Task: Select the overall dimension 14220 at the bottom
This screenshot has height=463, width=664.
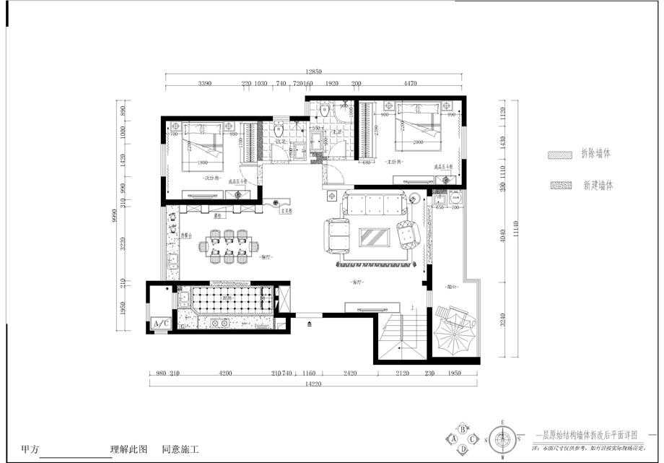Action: (x=313, y=384)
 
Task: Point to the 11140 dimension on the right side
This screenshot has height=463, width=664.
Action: (x=513, y=230)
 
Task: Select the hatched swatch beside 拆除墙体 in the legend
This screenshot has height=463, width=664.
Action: (x=557, y=155)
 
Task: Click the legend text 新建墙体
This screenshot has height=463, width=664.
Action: (x=598, y=186)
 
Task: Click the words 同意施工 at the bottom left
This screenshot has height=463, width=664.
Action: (x=180, y=449)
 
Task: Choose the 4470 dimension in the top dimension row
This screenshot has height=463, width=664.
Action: (x=410, y=84)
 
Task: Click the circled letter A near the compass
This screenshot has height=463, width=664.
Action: (x=454, y=438)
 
